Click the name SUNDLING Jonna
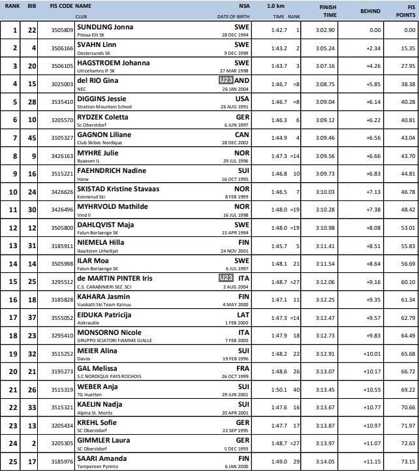(104, 27)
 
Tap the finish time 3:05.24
(325, 48)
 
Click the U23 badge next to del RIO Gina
(225, 80)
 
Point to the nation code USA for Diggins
(242, 99)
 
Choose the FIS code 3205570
(61, 119)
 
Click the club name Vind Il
(84, 215)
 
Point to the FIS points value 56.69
(408, 263)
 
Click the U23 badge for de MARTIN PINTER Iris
(225, 278)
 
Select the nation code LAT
(243, 314)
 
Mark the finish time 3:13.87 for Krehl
(325, 425)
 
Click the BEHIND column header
(371, 11)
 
